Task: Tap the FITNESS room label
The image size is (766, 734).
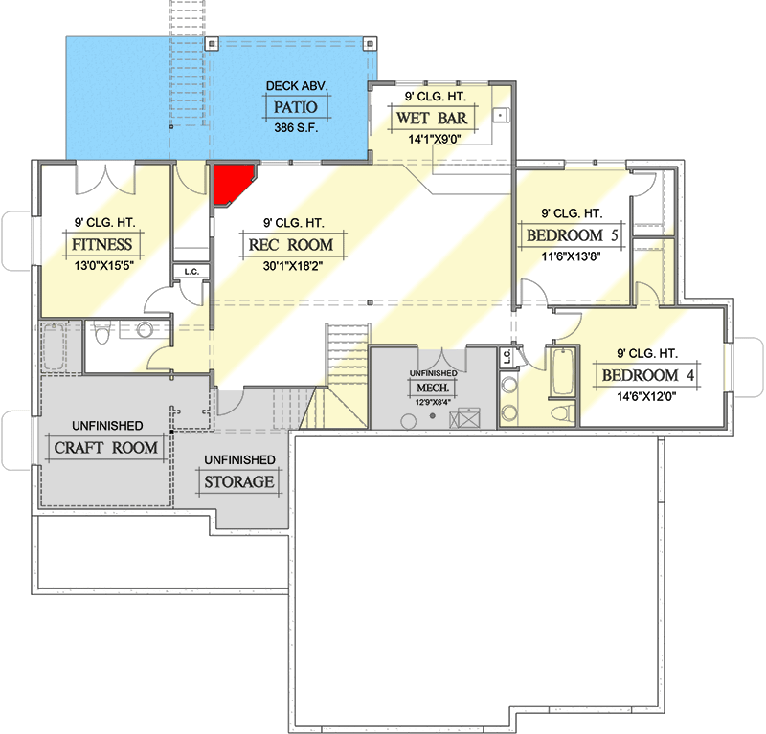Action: (101, 245)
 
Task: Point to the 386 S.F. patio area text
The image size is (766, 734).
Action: (296, 126)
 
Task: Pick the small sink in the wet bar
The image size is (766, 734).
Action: (499, 116)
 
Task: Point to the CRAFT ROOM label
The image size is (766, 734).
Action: (106, 448)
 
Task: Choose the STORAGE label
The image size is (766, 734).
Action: (239, 481)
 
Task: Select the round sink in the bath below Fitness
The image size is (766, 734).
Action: (146, 330)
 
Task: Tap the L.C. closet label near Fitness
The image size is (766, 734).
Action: (191, 272)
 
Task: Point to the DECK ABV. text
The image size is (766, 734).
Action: (296, 86)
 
